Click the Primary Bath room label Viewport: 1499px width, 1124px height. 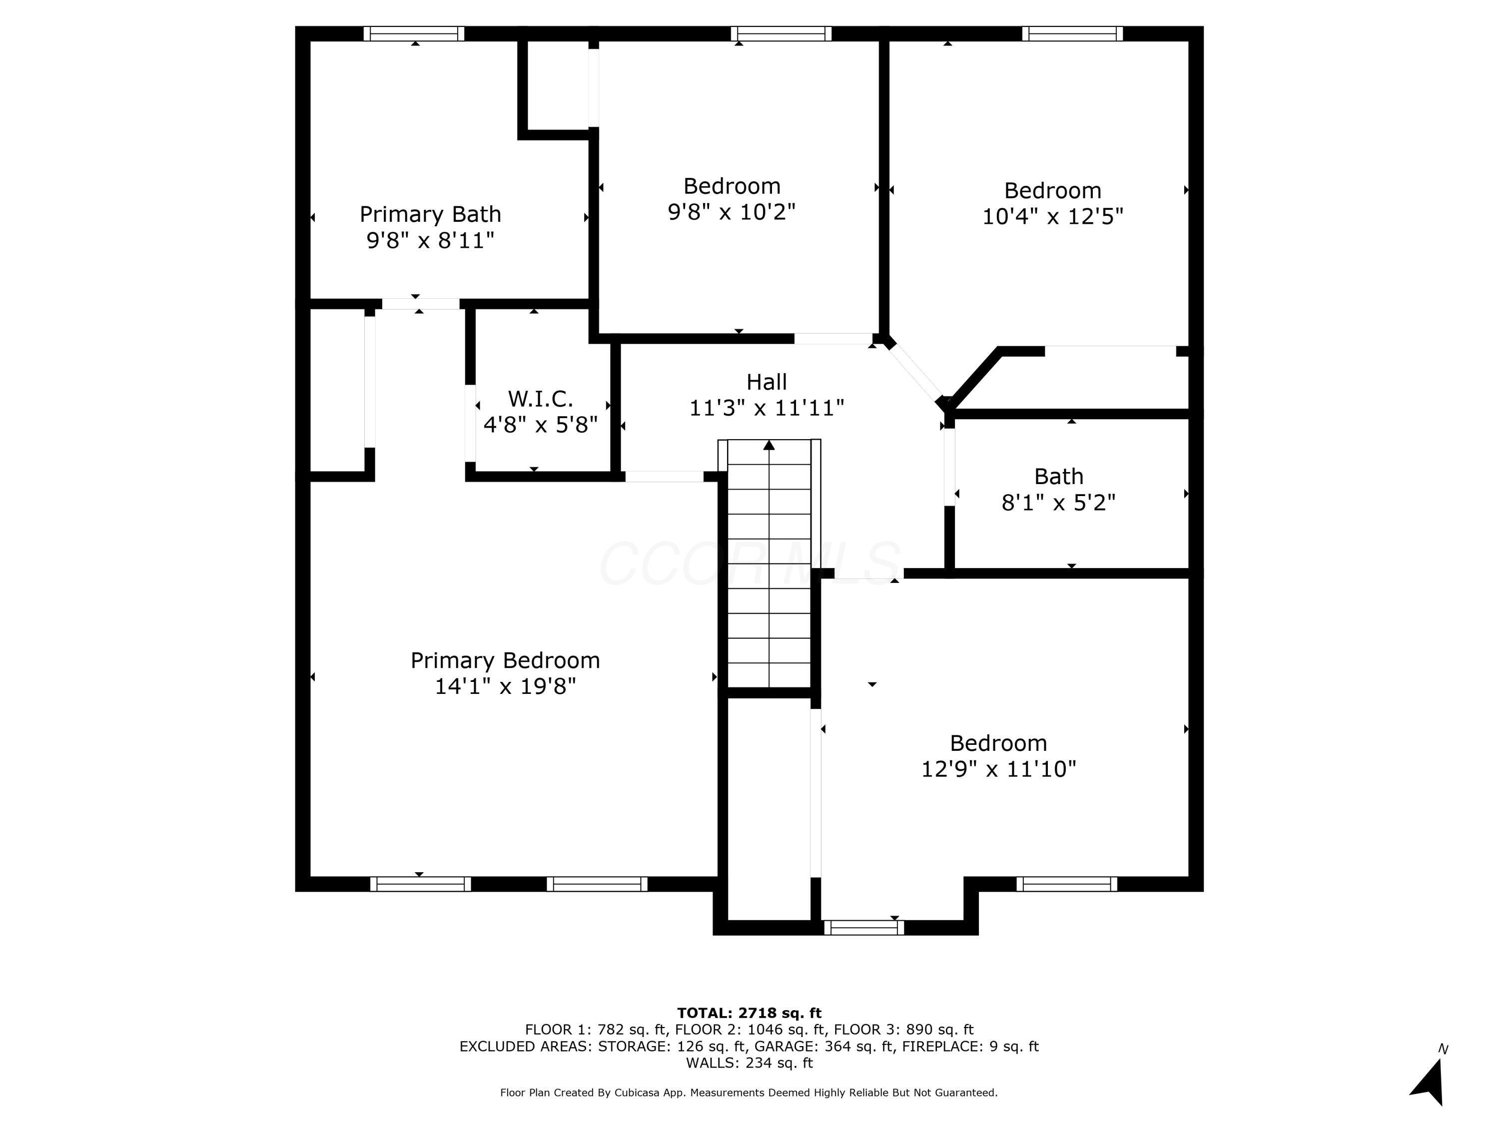pos(430,214)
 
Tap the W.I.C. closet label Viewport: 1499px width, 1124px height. pos(540,398)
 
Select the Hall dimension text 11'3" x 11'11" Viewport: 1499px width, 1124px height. pos(766,408)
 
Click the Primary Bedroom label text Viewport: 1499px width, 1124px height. pos(505,660)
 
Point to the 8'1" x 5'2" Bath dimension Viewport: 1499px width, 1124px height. pos(1058,502)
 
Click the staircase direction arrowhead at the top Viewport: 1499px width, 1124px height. pos(768,445)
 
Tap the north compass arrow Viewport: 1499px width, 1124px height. pos(1429,1082)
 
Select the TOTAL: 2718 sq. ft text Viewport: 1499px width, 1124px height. pos(749,1013)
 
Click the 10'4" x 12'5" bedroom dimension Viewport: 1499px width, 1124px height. pos(1052,216)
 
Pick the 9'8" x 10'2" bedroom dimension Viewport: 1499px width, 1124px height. pos(731,211)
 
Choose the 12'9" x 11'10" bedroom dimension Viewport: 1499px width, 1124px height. pos(998,769)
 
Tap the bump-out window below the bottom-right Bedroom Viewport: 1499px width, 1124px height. pos(863,928)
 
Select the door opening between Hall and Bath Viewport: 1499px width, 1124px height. pos(949,467)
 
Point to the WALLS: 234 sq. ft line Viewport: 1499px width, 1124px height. pos(749,1063)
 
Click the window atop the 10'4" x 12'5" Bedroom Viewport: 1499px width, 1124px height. pos(1072,34)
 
